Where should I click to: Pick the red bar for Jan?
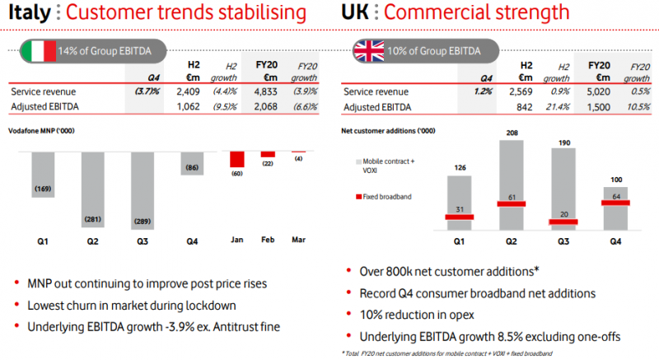[237, 160]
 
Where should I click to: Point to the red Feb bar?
[268, 154]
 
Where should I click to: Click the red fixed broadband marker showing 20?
[563, 221]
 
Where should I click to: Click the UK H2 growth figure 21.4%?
[559, 106]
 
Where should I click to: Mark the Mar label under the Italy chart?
[298, 240]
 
